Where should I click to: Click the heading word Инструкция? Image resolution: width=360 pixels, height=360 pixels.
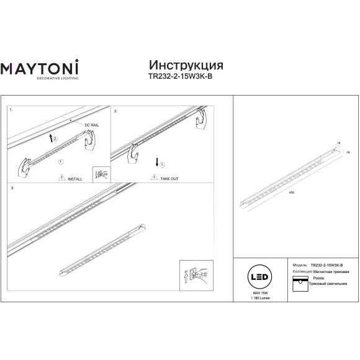pos(186,66)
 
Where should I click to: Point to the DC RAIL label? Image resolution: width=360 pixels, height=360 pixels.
pos(91,125)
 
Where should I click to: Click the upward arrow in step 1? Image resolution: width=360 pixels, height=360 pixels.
pos(51,136)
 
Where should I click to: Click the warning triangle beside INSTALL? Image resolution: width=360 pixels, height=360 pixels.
pos(61,178)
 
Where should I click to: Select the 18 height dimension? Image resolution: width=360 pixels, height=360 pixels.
pos(348,151)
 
